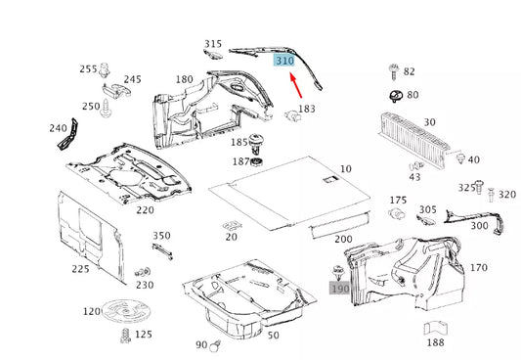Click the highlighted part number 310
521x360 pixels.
point(284,61)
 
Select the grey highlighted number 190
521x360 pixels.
point(339,289)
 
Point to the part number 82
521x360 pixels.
point(409,71)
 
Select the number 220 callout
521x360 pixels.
point(145,209)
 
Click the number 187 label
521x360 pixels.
point(239,161)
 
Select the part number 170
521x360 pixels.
point(478,267)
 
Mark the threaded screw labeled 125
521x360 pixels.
point(125,338)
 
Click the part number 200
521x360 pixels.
point(343,240)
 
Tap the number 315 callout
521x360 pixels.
point(213,44)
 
